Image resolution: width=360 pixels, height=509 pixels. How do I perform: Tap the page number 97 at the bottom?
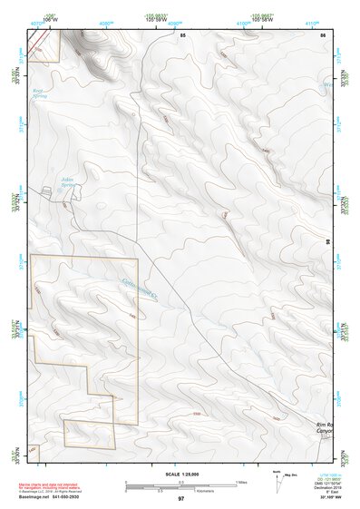tap(180, 498)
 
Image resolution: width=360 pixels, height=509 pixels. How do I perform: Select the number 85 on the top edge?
tap(182, 34)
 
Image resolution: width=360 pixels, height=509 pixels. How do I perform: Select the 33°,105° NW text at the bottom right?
tap(331, 498)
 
